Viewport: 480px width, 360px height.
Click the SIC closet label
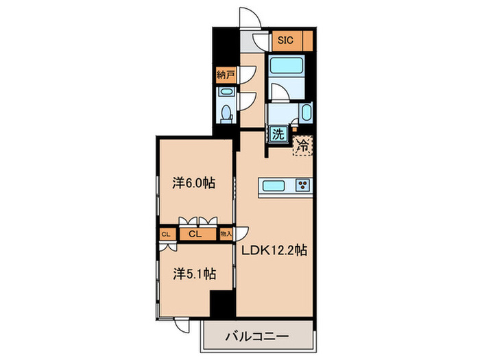pyautogui.click(x=286, y=40)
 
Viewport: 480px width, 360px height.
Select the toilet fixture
pyautogui.click(x=226, y=112)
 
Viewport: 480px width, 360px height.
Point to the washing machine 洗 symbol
pyautogui.click(x=278, y=134)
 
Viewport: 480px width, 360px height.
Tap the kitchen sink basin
pyautogui.click(x=276, y=186)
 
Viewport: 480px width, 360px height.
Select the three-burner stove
pyautogui.click(x=303, y=186)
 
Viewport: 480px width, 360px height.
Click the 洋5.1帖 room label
pyautogui.click(x=194, y=274)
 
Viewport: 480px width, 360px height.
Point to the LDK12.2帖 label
pyautogui.click(x=273, y=251)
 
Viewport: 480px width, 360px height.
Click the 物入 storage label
pyautogui.click(x=226, y=234)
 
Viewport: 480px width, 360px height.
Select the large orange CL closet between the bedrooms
pyautogui.click(x=194, y=234)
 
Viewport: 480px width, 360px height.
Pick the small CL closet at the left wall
pyautogui.click(x=165, y=234)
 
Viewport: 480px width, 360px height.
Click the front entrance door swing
pyautogui.click(x=250, y=19)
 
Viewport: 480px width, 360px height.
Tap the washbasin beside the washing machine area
pyautogui.click(x=305, y=113)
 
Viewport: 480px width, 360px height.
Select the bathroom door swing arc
pyautogui.click(x=280, y=92)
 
